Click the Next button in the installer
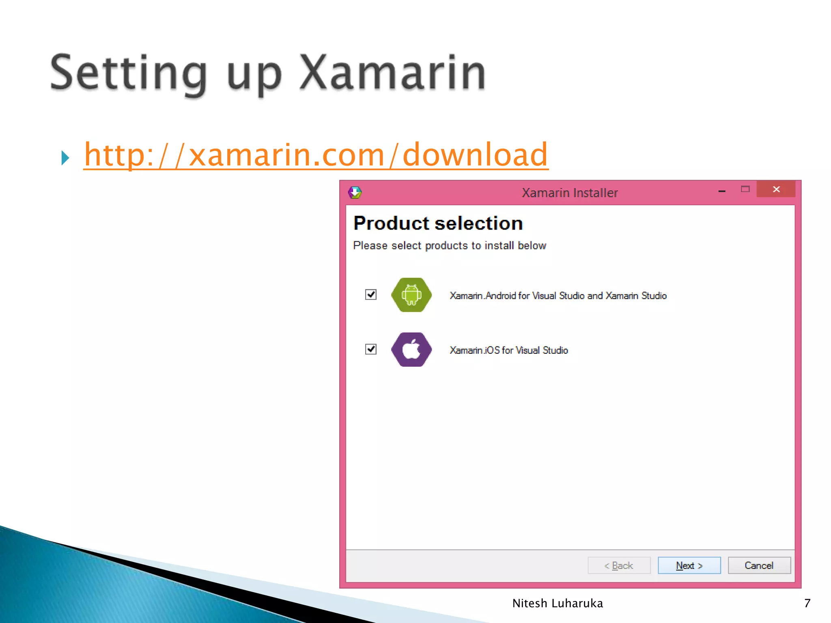pyautogui.click(x=689, y=565)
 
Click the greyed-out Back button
pyautogui.click(x=619, y=565)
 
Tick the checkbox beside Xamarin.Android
pyautogui.click(x=371, y=294)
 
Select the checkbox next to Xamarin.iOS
pyautogui.click(x=371, y=349)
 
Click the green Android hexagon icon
pyautogui.click(x=411, y=295)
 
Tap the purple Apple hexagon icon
pyautogui.click(x=411, y=350)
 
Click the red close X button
pyautogui.click(x=776, y=189)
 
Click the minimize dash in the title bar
pyautogui.click(x=722, y=191)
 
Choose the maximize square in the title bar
pyautogui.click(x=745, y=189)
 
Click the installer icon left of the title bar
pyautogui.click(x=355, y=192)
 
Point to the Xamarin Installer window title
pyautogui.click(x=570, y=193)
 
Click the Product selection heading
pyautogui.click(x=438, y=223)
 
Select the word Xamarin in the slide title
pyautogui.click(x=392, y=73)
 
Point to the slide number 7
pyautogui.click(x=807, y=603)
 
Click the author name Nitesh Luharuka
pyautogui.click(x=558, y=603)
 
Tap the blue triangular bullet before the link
pyautogui.click(x=65, y=158)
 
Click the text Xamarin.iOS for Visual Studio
pyautogui.click(x=508, y=350)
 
